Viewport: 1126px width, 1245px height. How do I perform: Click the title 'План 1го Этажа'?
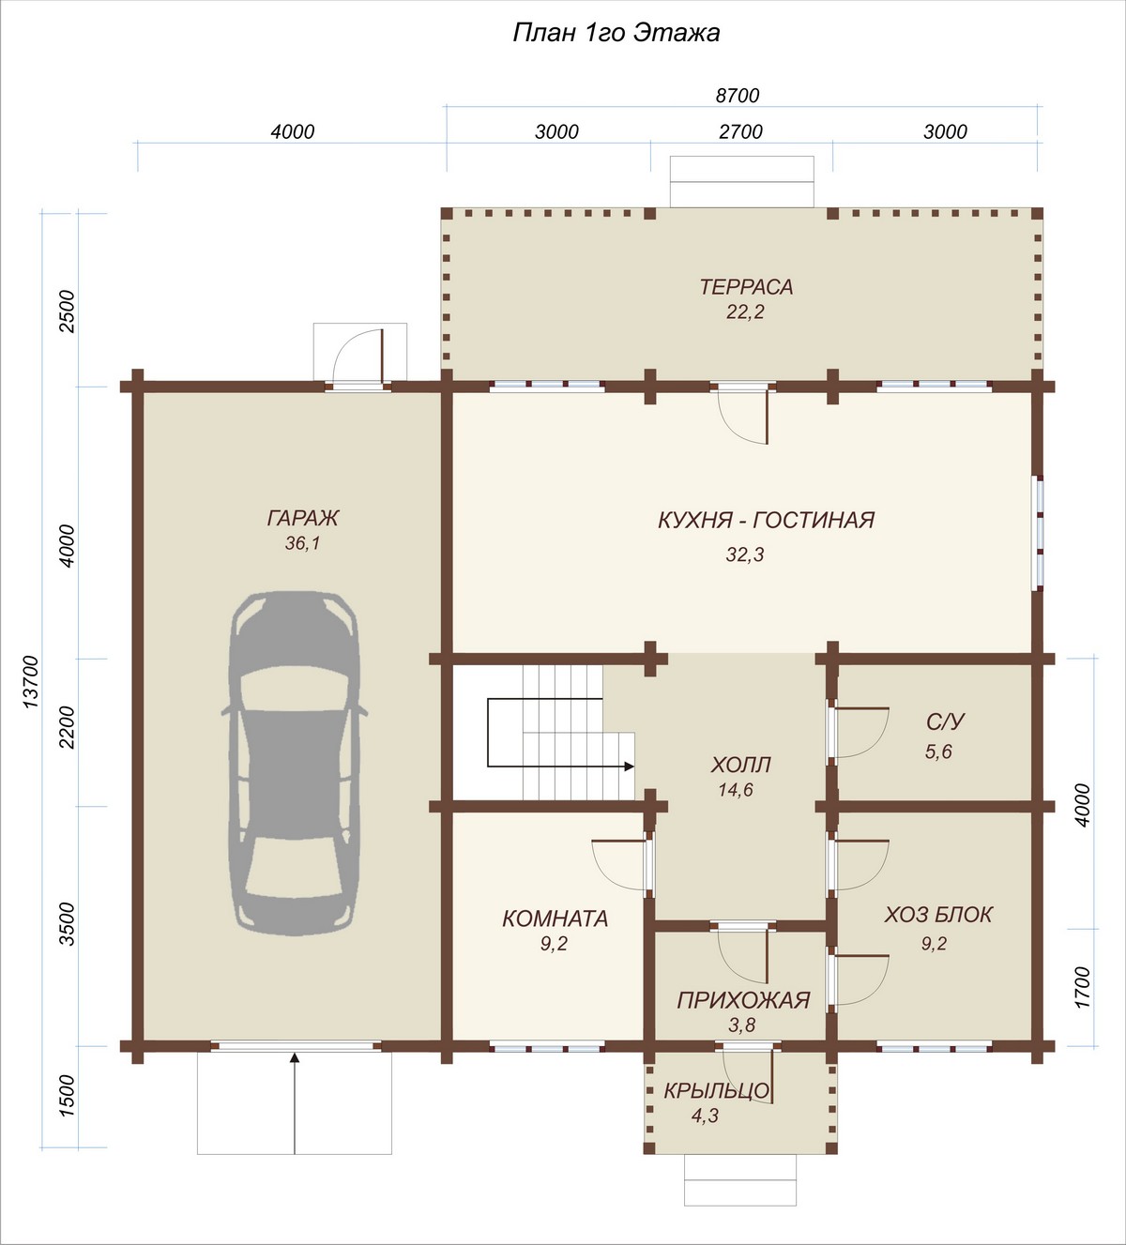pyautogui.click(x=616, y=34)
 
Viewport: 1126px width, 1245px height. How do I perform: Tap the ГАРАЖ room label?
pyautogui.click(x=303, y=518)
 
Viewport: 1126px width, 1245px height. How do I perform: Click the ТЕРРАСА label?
pyautogui.click(x=745, y=287)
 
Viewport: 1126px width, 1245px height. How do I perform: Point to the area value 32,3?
pyautogui.click(x=745, y=554)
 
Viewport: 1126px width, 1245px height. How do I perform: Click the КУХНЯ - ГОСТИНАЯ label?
pyautogui.click(x=766, y=520)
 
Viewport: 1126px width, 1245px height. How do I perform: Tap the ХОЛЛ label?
pyautogui.click(x=740, y=765)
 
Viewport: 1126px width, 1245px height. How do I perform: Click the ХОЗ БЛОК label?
pyautogui.click(x=938, y=915)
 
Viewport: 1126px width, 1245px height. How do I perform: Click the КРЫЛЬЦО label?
pyautogui.click(x=716, y=1090)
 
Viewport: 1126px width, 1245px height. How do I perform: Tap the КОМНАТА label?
pyautogui.click(x=555, y=919)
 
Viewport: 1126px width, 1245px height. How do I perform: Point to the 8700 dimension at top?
pyautogui.click(x=738, y=96)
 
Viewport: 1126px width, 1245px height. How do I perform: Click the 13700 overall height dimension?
pyautogui.click(x=30, y=681)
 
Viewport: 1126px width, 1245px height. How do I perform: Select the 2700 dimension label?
pyautogui.click(x=740, y=131)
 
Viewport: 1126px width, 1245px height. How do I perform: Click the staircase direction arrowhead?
pyautogui.click(x=629, y=767)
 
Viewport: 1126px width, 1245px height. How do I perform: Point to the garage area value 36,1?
pyautogui.click(x=302, y=543)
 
